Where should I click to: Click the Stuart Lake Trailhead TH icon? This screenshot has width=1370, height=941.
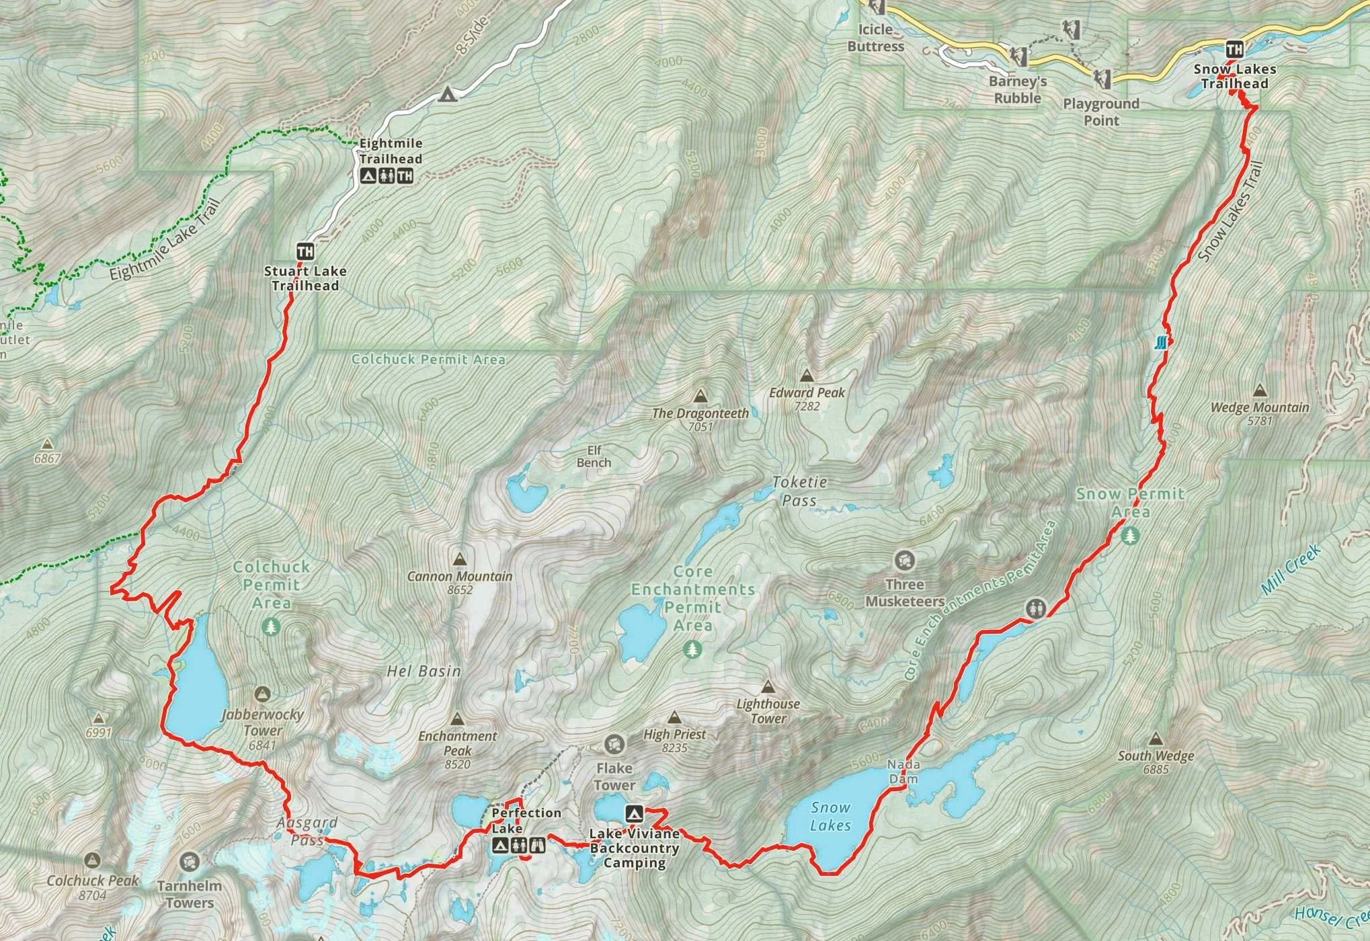click(305, 252)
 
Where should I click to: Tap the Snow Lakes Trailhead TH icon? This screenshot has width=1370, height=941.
click(1234, 49)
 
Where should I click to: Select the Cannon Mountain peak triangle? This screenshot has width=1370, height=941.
click(460, 559)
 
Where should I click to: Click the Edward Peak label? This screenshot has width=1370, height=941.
click(807, 393)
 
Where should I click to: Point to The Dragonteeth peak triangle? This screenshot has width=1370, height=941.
click(700, 396)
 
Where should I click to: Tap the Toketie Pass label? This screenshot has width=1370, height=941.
click(799, 491)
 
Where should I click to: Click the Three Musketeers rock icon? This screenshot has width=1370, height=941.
click(904, 560)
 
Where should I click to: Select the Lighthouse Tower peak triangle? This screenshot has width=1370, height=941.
click(768, 687)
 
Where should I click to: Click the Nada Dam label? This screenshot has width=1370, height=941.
click(903, 772)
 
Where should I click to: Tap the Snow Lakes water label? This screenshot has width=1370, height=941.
click(830, 816)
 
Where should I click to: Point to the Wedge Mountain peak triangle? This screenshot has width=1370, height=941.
click(1260, 391)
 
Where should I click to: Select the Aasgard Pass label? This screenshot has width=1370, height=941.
click(307, 831)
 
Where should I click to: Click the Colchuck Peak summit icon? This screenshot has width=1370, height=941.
click(93, 860)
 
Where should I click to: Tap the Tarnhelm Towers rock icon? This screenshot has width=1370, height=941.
click(190, 861)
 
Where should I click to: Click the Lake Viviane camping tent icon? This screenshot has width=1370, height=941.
click(633, 814)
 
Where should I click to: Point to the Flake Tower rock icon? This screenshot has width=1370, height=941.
click(614, 744)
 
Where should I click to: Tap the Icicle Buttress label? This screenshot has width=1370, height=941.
click(875, 38)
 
